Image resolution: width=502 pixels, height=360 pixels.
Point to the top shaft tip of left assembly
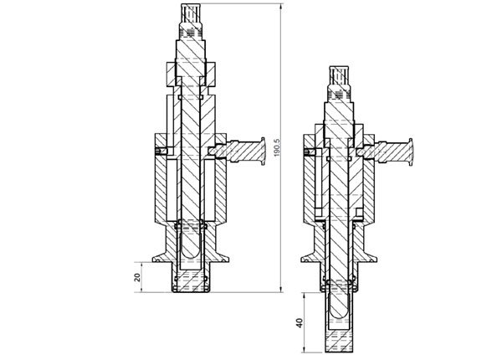193,10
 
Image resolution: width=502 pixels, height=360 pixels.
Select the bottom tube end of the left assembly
193,289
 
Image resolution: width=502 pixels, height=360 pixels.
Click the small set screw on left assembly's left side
158,151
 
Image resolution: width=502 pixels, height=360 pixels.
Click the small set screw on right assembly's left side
309,152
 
